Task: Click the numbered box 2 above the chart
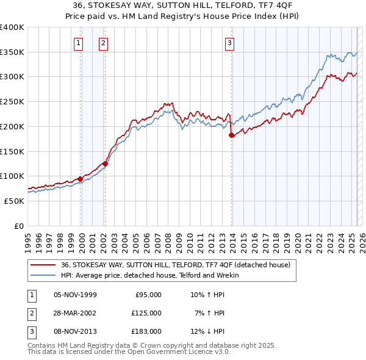click(x=104, y=43)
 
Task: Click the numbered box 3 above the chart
click(x=229, y=43)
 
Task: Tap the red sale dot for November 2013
click(x=231, y=135)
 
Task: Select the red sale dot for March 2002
click(x=105, y=164)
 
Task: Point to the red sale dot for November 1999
click(x=80, y=179)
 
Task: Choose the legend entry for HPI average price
click(x=150, y=275)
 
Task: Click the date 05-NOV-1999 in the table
click(x=75, y=295)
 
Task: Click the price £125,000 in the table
click(x=146, y=313)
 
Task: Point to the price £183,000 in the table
click(x=146, y=331)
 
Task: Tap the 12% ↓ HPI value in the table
click(x=207, y=331)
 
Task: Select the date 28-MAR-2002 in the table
click(x=75, y=313)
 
